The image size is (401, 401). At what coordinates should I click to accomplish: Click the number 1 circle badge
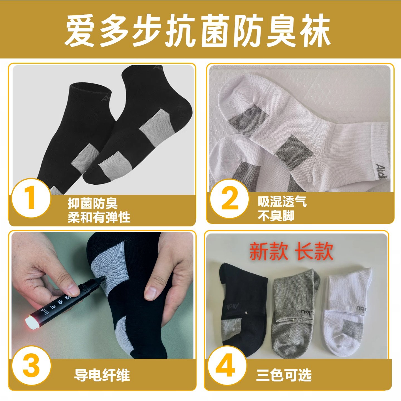(31, 198)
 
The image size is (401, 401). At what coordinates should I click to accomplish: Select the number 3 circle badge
(31, 365)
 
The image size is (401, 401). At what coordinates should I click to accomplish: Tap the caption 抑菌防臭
(92, 204)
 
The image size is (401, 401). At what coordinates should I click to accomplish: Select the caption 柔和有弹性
(99, 217)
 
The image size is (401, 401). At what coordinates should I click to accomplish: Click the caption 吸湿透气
(282, 202)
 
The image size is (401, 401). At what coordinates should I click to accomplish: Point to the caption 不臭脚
(276, 216)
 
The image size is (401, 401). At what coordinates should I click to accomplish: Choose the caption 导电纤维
(102, 375)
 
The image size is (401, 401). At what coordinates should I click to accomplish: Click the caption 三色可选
(283, 375)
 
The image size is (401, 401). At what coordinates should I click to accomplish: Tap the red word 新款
(268, 251)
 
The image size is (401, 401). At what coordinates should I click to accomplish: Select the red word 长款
(314, 251)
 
